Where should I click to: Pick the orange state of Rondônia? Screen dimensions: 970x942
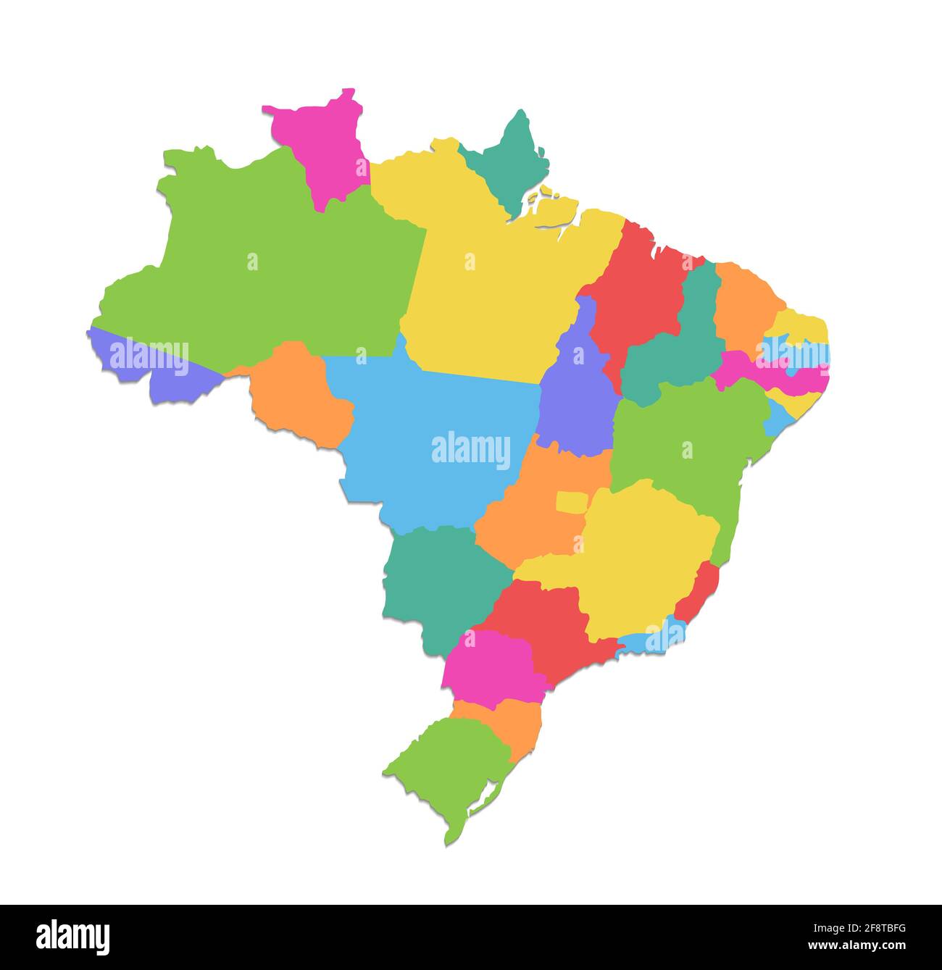pyautogui.click(x=301, y=395)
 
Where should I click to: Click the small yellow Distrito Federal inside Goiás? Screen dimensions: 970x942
pyautogui.click(x=572, y=502)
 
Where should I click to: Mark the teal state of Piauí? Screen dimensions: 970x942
pyautogui.click(x=678, y=348)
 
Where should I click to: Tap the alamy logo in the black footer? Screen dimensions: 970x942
pyautogui.click(x=72, y=937)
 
